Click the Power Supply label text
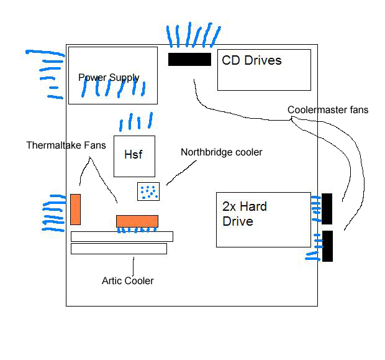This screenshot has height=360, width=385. [109, 78]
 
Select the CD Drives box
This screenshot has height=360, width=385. [263, 70]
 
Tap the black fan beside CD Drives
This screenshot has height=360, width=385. [189, 59]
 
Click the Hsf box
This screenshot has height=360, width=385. [134, 155]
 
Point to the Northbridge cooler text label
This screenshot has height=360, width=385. [221, 152]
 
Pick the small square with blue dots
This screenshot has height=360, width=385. [148, 192]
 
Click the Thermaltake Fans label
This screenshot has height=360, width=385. [66, 145]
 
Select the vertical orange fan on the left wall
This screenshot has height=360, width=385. [75, 209]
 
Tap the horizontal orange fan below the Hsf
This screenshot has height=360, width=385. [137, 221]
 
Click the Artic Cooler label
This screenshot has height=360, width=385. [127, 281]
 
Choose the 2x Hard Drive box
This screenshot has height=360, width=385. [263, 219]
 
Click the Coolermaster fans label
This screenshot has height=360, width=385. [328, 110]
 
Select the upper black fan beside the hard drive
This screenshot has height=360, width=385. [327, 208]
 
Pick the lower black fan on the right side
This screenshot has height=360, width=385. [327, 246]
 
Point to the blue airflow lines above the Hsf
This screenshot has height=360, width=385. [136, 121]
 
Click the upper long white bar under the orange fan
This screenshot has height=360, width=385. [122, 236]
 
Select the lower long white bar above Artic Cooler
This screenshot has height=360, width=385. [119, 249]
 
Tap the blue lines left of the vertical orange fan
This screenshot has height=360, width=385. [53, 213]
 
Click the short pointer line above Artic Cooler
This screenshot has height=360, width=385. [132, 264]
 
